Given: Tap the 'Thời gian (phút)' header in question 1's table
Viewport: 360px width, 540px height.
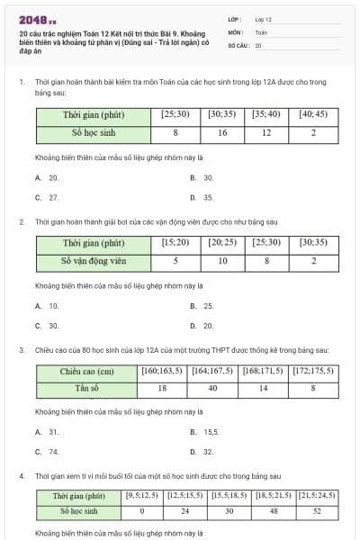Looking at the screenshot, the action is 94,115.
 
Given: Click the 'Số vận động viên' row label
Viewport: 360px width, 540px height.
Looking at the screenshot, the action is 94,261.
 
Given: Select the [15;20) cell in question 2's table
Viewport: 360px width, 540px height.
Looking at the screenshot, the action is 175,243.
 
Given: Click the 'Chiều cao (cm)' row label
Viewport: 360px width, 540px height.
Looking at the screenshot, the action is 86,371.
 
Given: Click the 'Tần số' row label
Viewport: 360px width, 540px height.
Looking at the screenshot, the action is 86,389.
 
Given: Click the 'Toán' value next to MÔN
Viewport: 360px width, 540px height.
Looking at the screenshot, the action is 261,31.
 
